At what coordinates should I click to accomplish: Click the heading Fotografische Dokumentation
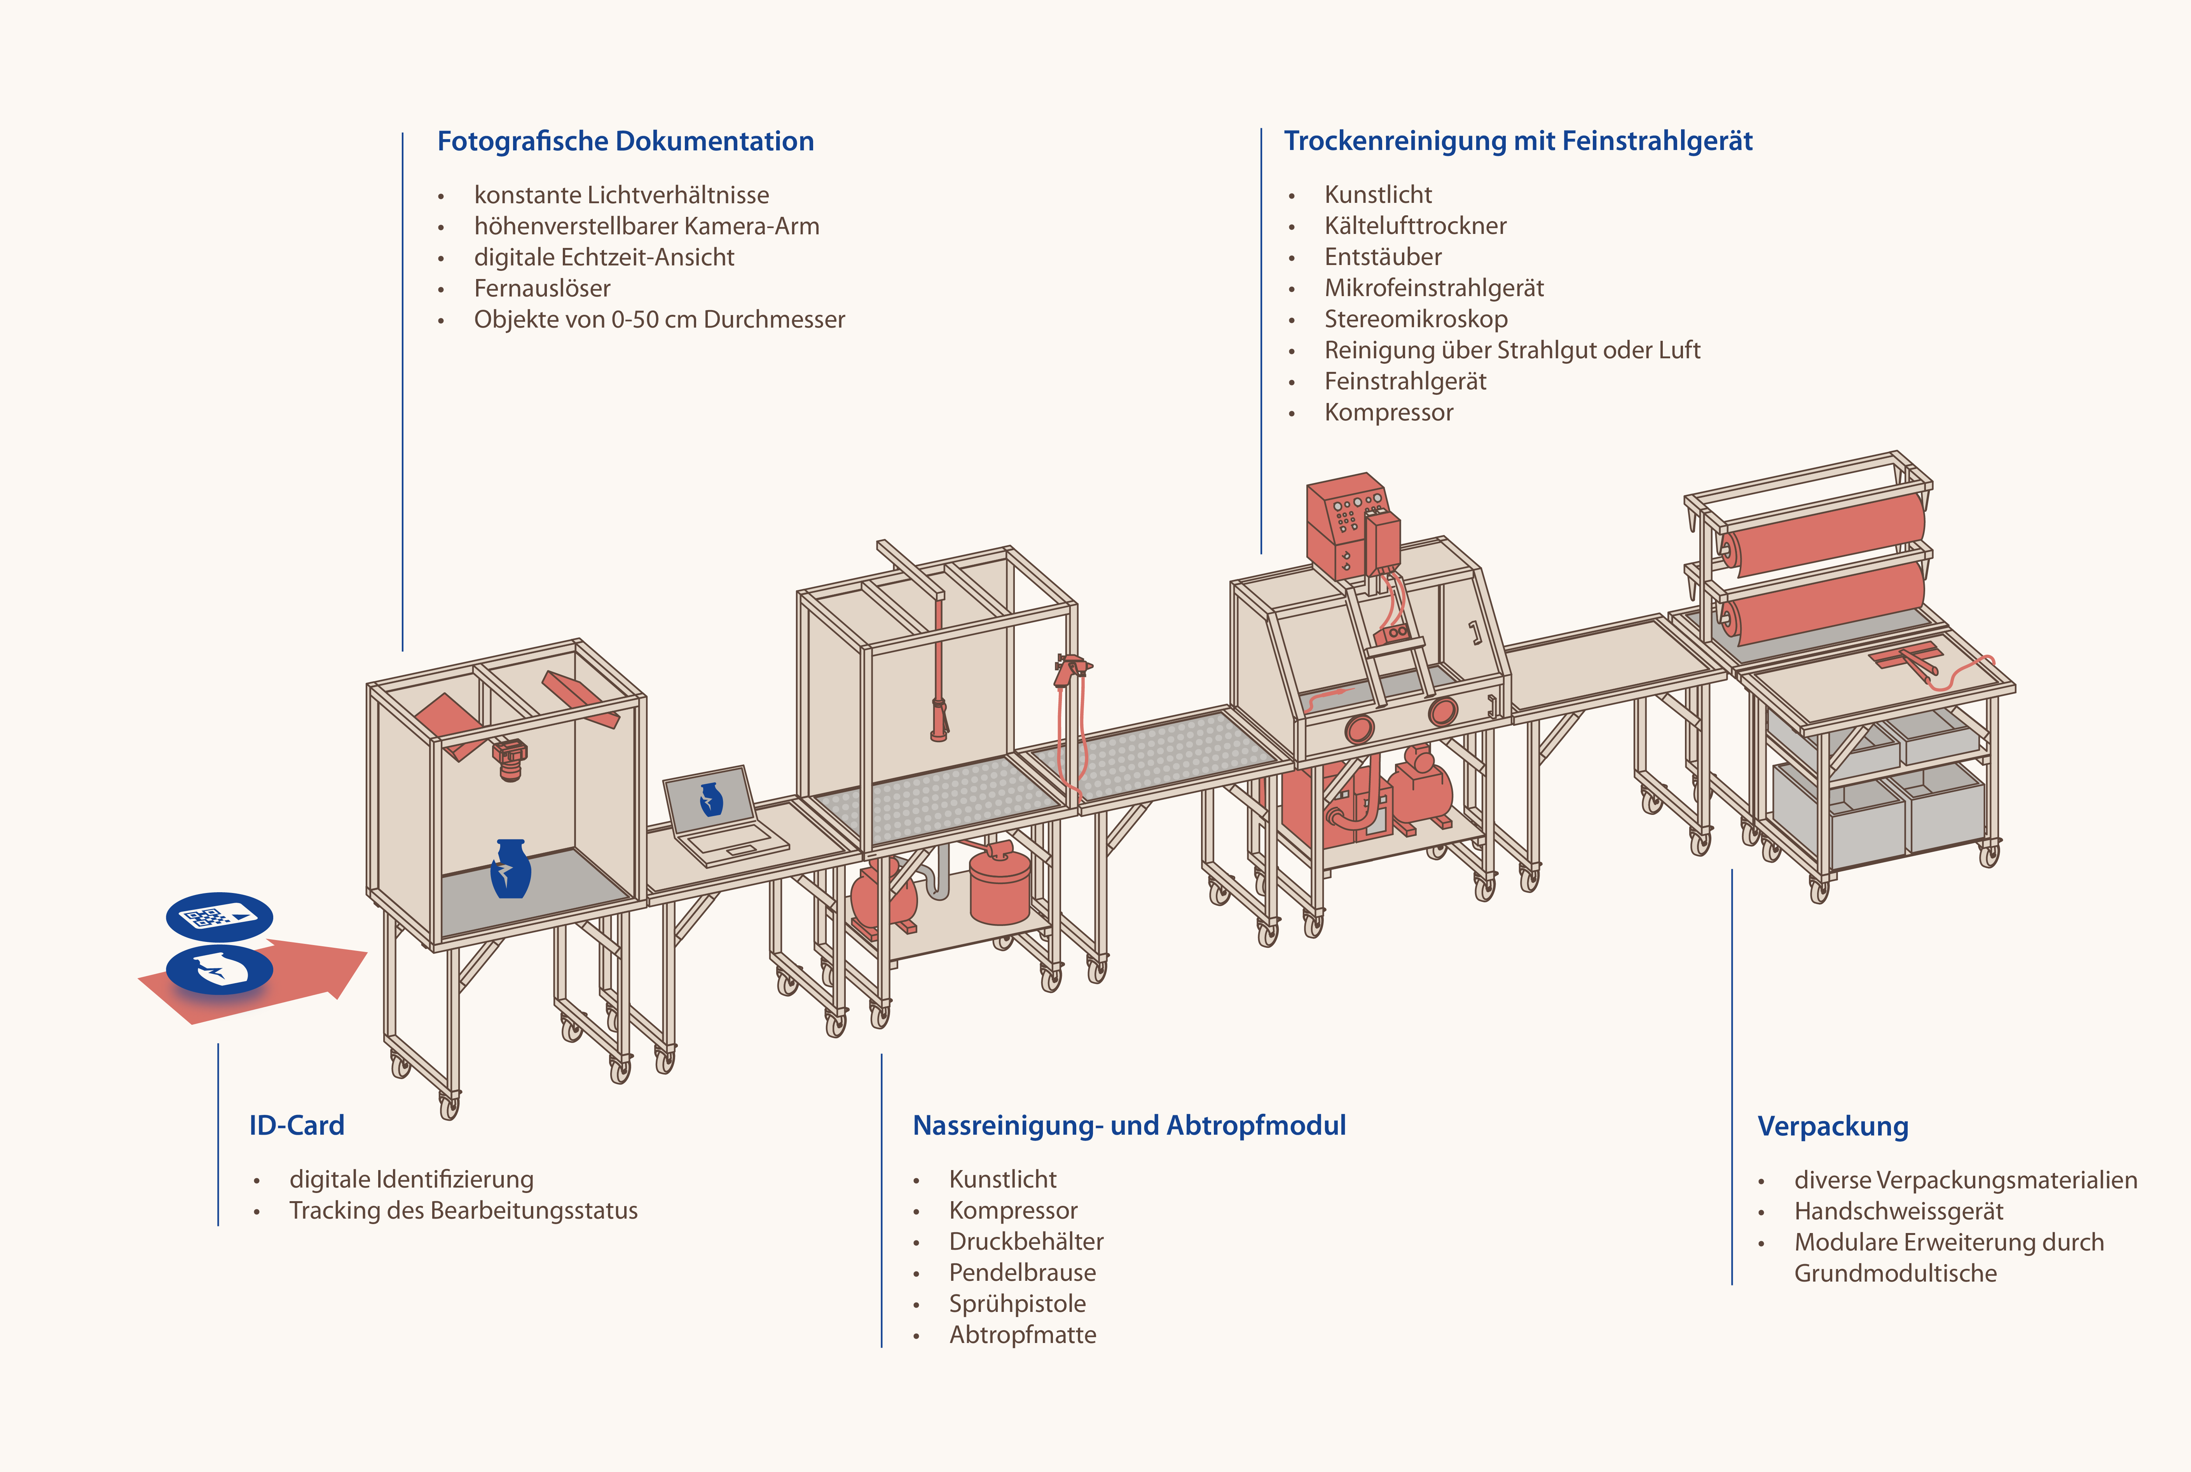[625, 141]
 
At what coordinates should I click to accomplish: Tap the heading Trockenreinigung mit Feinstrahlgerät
[1518, 141]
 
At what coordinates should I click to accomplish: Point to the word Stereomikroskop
[1416, 319]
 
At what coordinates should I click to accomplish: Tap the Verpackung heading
[1832, 1127]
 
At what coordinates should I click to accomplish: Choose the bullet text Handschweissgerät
[1898, 1211]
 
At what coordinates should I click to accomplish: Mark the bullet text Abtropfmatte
[1022, 1335]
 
